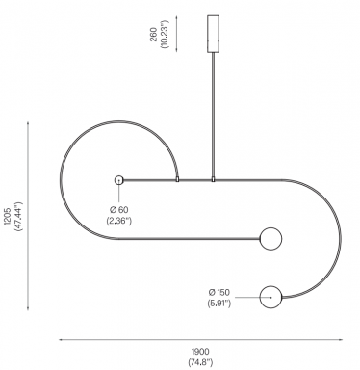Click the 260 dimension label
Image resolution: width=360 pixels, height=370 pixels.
(x=154, y=35)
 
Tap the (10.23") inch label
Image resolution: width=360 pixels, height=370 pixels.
(x=165, y=34)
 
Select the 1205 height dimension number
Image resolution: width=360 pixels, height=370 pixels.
(x=8, y=217)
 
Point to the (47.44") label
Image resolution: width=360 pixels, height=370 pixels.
(x=18, y=217)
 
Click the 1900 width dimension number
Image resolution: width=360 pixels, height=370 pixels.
(x=200, y=352)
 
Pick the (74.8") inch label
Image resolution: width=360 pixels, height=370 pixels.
(x=200, y=363)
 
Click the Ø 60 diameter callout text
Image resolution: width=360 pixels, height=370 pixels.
(x=119, y=210)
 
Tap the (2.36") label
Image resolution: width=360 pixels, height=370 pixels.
(x=118, y=221)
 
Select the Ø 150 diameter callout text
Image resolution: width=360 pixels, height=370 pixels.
(x=219, y=292)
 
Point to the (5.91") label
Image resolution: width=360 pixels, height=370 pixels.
(x=219, y=303)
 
